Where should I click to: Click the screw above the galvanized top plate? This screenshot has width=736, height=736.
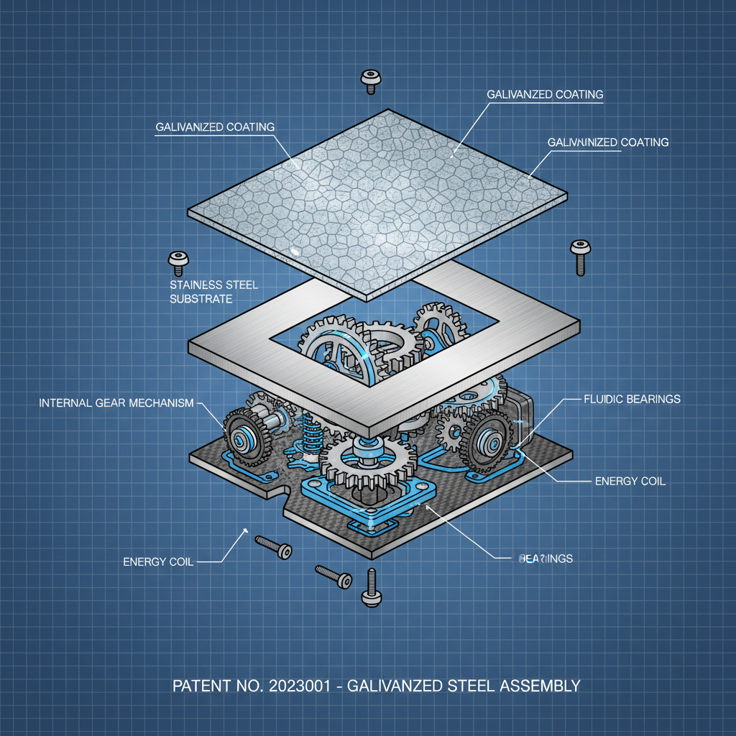[x=370, y=80]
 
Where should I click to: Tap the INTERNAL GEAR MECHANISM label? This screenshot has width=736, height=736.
[x=116, y=403]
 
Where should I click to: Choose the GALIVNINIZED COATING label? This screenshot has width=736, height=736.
[x=608, y=142]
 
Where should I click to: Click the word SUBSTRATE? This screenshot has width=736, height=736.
[x=201, y=299]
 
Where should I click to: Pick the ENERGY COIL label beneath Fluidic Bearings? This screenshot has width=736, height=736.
[x=630, y=481]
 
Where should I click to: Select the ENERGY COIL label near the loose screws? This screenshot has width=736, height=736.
[x=158, y=561]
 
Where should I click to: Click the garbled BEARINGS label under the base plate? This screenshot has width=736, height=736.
[x=546, y=558]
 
